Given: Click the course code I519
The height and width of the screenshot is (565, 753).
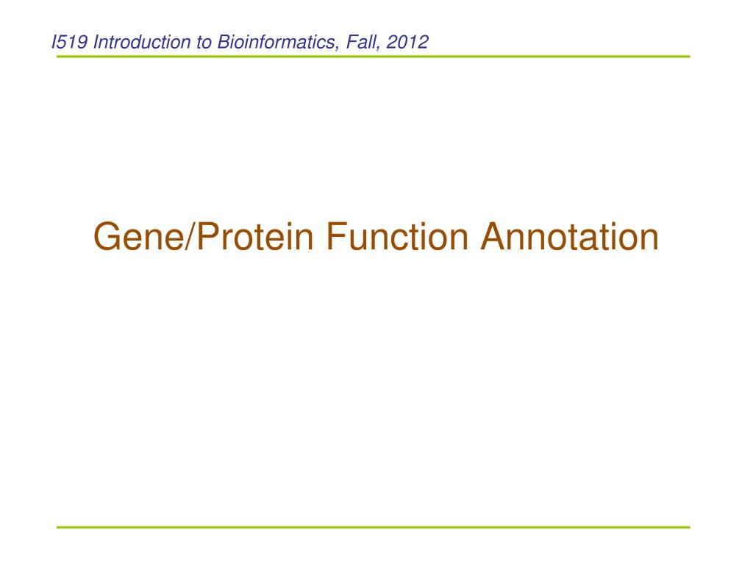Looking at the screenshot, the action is click(x=70, y=42).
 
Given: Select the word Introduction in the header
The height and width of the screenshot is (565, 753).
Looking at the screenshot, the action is click(x=142, y=42).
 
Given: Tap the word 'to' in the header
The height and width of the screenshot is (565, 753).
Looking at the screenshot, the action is click(x=204, y=43).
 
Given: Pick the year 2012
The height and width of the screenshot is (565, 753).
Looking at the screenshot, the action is click(x=407, y=42).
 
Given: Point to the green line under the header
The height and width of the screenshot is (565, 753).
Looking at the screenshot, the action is click(x=373, y=57).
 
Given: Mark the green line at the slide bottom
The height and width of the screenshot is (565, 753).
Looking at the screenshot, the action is click(x=373, y=527).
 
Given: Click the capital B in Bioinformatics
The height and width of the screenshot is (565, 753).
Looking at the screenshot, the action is click(x=224, y=42).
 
